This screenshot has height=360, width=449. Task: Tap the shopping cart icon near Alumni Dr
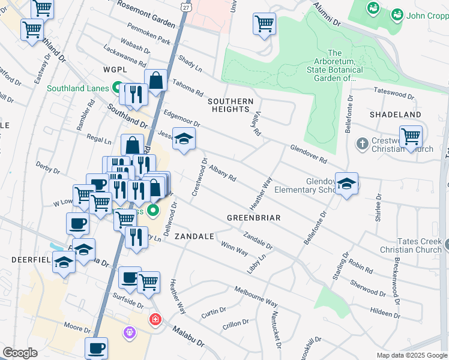tap(264, 25)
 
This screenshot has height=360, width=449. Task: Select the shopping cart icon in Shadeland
tap(411, 136)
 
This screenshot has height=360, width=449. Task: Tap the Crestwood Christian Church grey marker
tap(361, 144)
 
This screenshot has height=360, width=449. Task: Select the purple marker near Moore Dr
tap(130, 331)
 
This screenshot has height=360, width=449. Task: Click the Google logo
tap(20, 353)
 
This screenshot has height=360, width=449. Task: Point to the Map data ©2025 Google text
tap(412, 355)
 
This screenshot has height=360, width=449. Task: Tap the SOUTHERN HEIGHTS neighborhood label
tap(231, 105)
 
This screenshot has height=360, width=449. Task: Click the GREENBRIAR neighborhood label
tap(254, 218)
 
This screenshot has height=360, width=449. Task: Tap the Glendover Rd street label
tap(308, 154)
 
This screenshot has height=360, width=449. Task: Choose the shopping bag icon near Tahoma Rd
tap(155, 80)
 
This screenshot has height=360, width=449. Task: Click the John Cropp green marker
tap(397, 14)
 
